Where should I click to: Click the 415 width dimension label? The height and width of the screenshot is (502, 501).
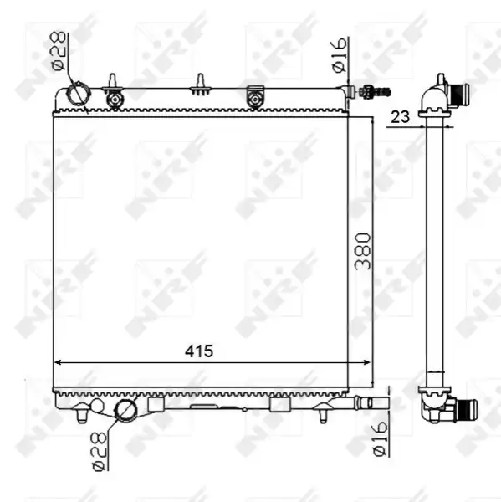click(x=199, y=351)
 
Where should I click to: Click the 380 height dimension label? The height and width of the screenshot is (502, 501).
click(x=363, y=251)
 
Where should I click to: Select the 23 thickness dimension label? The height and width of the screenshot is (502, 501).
click(x=400, y=117)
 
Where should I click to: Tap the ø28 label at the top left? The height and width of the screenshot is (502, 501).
click(x=59, y=50)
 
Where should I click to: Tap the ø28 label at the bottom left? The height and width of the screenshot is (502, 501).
click(x=99, y=452)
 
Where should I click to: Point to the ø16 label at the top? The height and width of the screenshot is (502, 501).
click(x=340, y=54)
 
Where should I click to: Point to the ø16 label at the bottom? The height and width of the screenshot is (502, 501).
click(x=380, y=438)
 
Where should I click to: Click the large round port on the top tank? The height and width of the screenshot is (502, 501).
click(x=78, y=94)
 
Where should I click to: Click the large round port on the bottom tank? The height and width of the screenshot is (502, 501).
click(x=125, y=411)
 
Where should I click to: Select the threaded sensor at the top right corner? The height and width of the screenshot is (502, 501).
click(x=375, y=91)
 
